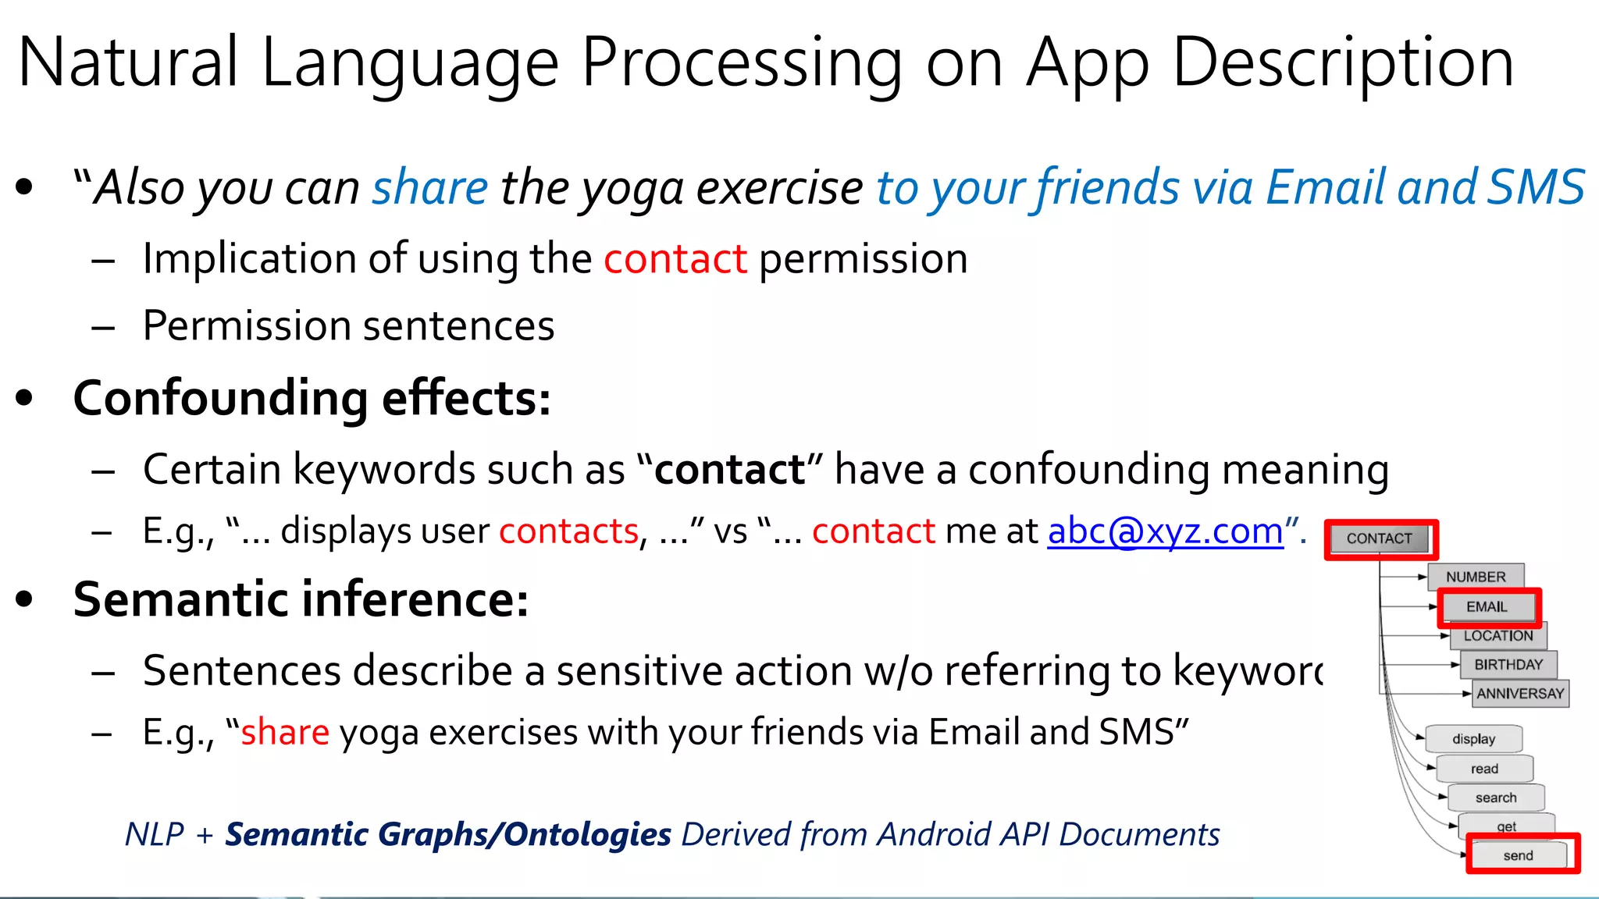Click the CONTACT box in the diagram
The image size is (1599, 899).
(1380, 538)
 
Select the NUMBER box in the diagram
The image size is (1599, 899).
(1476, 577)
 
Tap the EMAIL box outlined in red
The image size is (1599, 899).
(1487, 606)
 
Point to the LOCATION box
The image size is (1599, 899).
(1498, 636)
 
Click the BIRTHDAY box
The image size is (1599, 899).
(1508, 665)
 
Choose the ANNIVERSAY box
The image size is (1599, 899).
(1520, 694)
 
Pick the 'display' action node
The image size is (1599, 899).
(1473, 739)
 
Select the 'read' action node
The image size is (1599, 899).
(1484, 769)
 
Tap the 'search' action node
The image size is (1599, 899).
(1496, 798)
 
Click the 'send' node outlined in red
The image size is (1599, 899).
(1519, 855)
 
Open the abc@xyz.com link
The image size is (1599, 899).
(1165, 531)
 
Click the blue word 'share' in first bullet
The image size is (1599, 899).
(430, 188)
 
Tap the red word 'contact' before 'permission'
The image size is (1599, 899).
(675, 259)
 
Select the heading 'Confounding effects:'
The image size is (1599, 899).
(312, 398)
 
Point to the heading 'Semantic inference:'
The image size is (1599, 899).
(301, 599)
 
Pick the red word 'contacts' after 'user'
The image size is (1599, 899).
(568, 531)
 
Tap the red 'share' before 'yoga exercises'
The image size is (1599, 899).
(285, 733)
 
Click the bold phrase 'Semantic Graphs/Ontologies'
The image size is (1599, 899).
(448, 834)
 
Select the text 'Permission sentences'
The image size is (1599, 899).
(348, 325)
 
